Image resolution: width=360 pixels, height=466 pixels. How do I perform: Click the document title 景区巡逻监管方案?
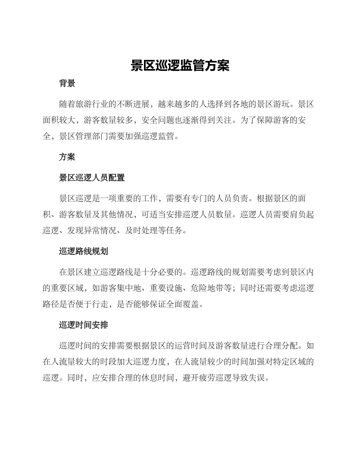tap(180, 66)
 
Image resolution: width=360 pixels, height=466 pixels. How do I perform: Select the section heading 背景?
tap(67, 84)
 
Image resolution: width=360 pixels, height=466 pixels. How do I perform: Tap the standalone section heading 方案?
tap(67, 157)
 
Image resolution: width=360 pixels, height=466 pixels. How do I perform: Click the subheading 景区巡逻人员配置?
tap(92, 178)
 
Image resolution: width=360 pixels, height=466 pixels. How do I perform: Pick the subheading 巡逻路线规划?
tap(83, 251)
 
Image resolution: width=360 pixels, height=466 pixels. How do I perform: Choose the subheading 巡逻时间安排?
tap(83, 325)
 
